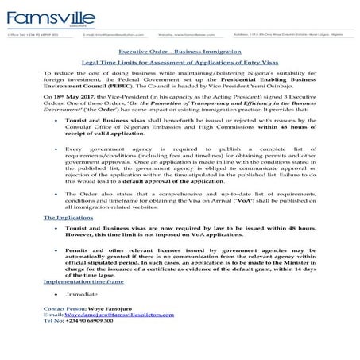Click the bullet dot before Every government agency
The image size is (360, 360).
pyautogui.click(x=49, y=170)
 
